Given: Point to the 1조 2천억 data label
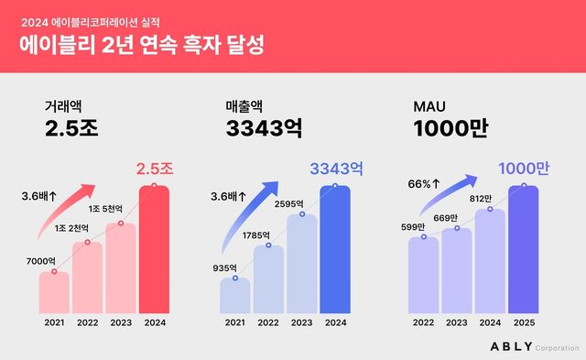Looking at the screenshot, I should point(73,228).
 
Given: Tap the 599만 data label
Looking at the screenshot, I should point(414,226).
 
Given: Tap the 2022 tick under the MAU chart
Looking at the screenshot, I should point(424,322).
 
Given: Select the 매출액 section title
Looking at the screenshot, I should point(246,108).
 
